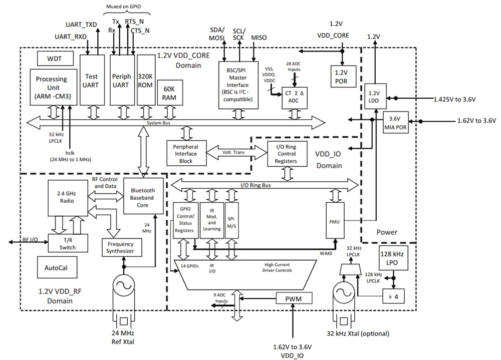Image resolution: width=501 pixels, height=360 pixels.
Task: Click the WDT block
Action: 55,58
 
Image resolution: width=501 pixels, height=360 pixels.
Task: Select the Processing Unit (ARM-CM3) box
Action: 52,87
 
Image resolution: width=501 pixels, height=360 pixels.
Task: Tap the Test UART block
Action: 91,80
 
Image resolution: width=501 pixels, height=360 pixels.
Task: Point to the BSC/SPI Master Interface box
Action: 238,85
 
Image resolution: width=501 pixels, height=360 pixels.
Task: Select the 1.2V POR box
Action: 342,76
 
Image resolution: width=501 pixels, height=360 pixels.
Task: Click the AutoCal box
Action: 58,268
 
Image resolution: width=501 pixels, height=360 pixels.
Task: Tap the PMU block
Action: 335,220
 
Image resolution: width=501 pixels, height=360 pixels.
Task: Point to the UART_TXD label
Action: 81,25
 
